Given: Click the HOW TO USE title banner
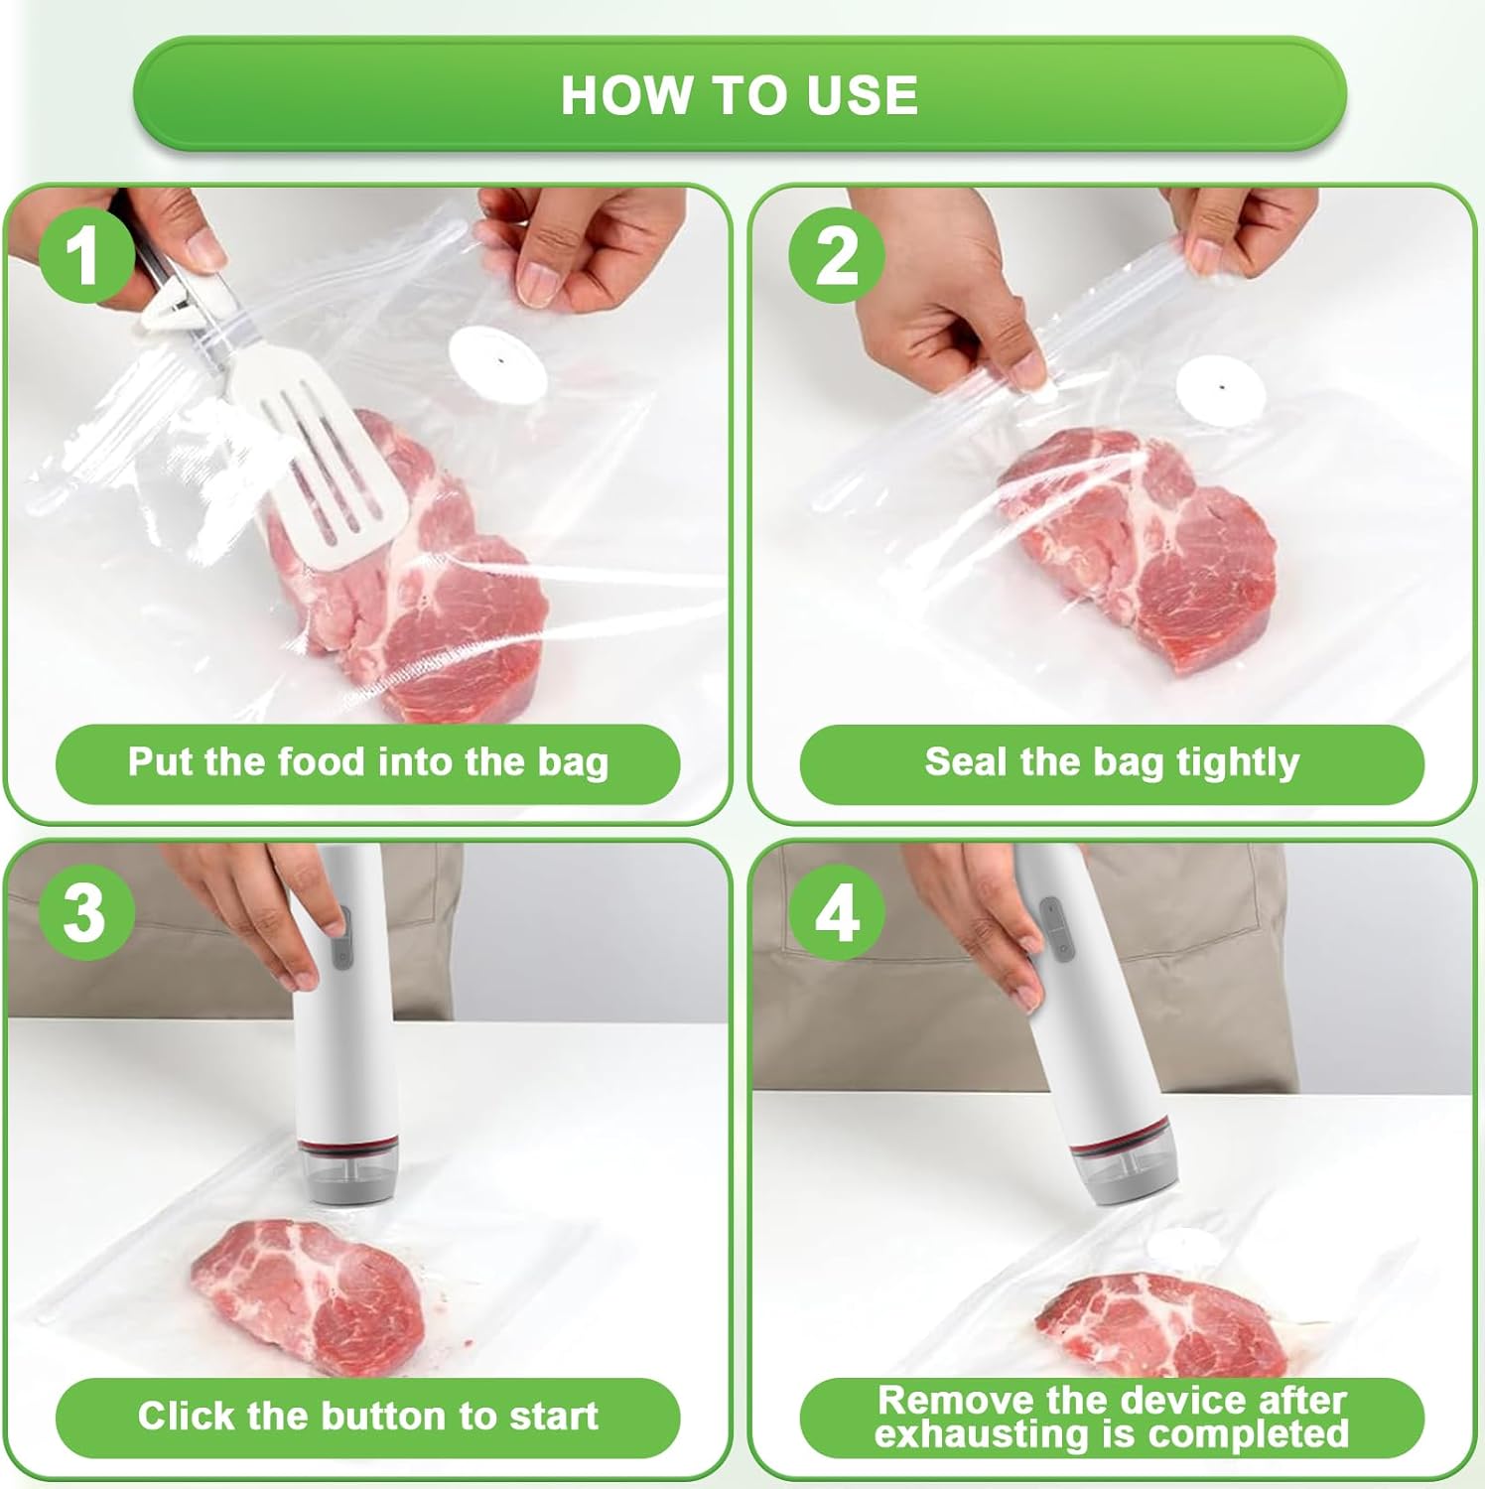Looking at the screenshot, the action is (x=740, y=94).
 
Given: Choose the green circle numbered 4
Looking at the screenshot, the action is (x=837, y=912).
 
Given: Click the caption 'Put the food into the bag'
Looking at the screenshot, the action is (x=367, y=762).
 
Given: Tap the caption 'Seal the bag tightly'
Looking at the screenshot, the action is (x=1112, y=762).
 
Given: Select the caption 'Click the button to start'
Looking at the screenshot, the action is (x=367, y=1417).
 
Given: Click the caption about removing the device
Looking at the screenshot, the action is (x=1112, y=1417).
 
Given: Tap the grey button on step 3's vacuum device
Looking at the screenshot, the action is (x=340, y=938).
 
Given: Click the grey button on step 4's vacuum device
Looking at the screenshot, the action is (x=1055, y=928).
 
